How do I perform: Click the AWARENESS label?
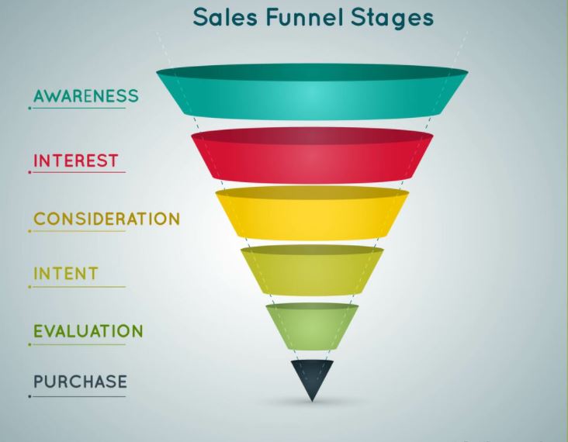85,97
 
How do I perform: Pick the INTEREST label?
75,161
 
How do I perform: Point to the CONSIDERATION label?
106,219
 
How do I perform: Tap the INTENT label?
65,274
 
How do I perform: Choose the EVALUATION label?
88,331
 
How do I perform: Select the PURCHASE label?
80,382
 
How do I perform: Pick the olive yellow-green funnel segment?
312,271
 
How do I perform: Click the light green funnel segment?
312,324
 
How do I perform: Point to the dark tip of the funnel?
312,375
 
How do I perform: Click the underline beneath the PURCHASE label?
78,396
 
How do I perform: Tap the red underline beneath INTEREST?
78,172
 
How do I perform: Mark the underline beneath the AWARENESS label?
78,108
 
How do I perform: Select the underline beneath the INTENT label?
78,287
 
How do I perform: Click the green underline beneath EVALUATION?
78,344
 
